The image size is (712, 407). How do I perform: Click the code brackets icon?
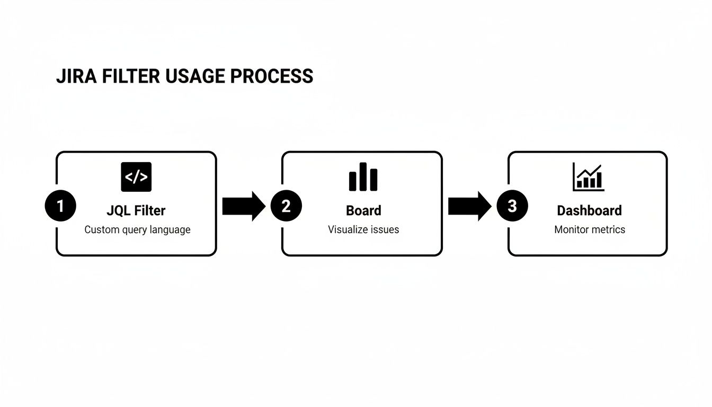(x=136, y=177)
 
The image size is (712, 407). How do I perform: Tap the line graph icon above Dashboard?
(x=588, y=177)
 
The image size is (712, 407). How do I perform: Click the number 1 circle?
(x=60, y=206)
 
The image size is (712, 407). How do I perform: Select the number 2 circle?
(x=286, y=206)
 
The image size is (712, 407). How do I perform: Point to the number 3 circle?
(x=512, y=206)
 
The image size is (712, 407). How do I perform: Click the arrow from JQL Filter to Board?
(x=243, y=206)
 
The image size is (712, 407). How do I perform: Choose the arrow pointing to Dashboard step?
(x=469, y=206)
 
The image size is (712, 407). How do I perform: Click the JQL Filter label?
(x=136, y=210)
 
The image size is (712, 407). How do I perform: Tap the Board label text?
(x=363, y=210)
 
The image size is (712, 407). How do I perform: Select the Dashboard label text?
(x=589, y=210)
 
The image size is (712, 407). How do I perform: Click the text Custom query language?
(x=137, y=230)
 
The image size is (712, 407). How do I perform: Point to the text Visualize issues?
(x=363, y=230)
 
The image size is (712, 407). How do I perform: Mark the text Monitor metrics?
(x=590, y=230)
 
